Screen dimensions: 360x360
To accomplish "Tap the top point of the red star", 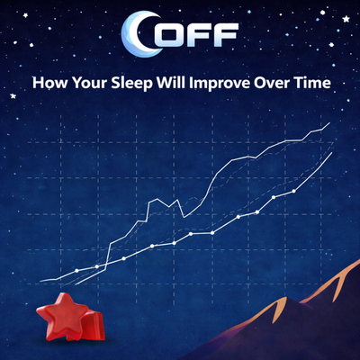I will pyautogui.click(x=64, y=294).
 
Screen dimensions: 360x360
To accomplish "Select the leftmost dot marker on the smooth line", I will pyautogui.click(x=77, y=270).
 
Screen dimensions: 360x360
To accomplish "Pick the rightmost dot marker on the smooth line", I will pyautogui.click(x=294, y=191).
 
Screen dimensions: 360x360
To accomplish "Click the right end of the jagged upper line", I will pyautogui.click(x=330, y=123).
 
